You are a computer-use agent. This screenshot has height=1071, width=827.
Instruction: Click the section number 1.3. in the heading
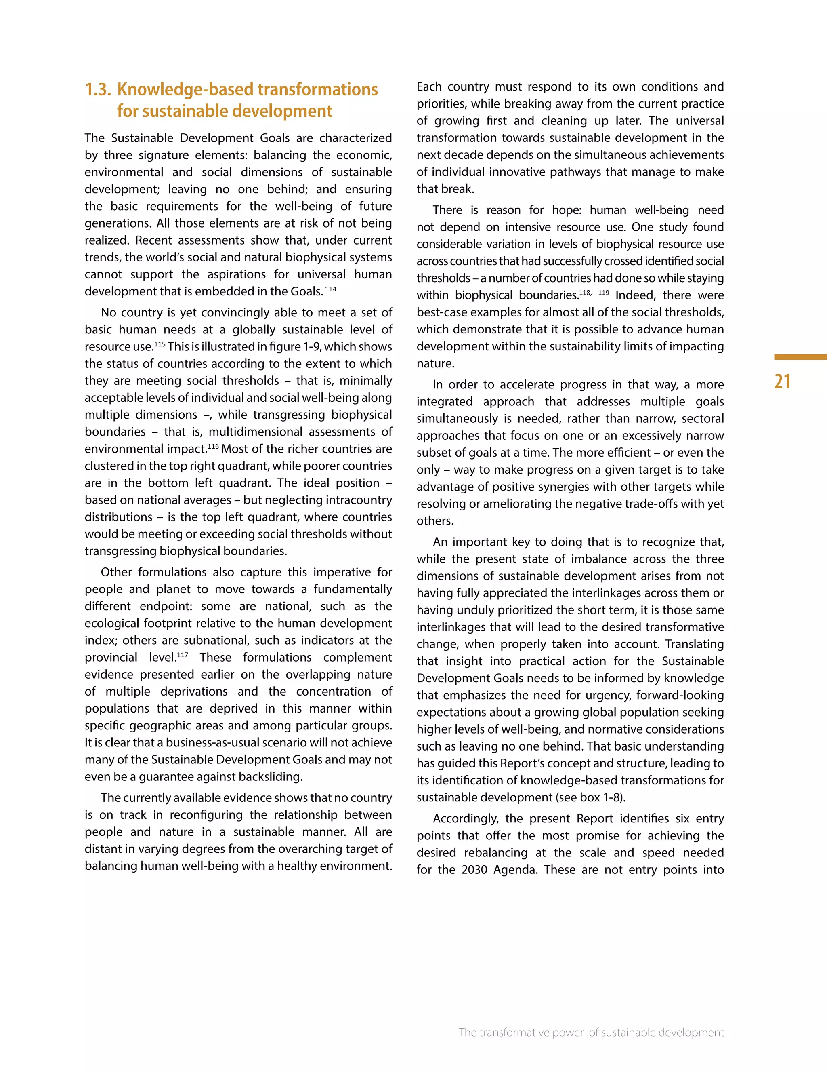[98, 90]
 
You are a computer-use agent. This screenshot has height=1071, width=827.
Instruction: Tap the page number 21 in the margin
[783, 382]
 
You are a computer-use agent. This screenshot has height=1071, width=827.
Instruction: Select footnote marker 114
[331, 289]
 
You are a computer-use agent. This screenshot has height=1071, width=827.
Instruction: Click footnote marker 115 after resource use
[160, 344]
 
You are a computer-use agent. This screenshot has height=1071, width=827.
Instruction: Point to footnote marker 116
[213, 446]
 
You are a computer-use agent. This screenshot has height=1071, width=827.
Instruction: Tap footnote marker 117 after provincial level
[182, 655]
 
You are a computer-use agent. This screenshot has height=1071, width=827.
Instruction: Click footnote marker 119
[604, 293]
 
